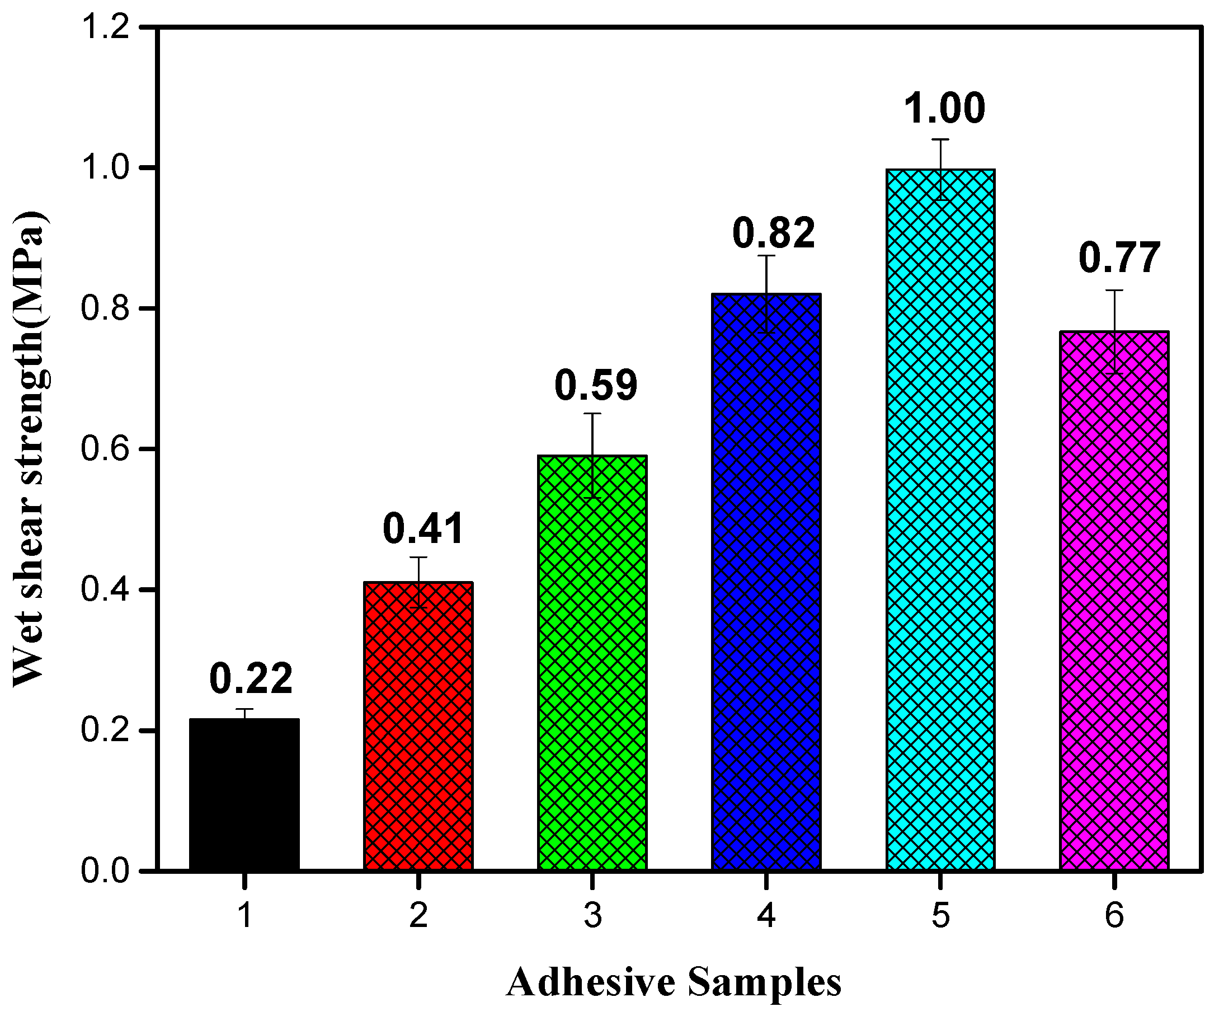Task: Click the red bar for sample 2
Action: pos(418,726)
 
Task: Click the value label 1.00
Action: pos(944,109)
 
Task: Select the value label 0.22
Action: pos(251,678)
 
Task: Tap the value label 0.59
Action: pos(596,385)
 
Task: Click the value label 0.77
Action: pos(1120,258)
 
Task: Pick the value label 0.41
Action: pos(423,528)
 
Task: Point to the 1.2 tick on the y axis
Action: pos(105,28)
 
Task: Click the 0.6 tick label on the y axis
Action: pos(105,450)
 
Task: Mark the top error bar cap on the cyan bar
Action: pos(940,139)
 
